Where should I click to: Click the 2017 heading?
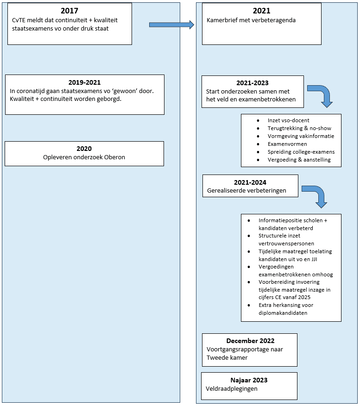tap(69, 11)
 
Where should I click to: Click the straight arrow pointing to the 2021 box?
tap(171, 25)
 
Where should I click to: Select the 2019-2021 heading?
tap(84, 82)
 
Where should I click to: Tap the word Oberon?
tap(114, 157)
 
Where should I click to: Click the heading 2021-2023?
tap(253, 83)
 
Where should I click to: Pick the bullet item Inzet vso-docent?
tap(289, 120)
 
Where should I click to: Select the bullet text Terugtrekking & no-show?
tap(299, 128)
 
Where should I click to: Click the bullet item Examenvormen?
tap(287, 144)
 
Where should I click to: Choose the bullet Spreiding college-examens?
tap(301, 152)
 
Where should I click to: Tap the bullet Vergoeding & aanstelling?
tap(299, 160)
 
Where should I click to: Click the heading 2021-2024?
tap(250, 182)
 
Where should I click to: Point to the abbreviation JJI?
tap(314, 259)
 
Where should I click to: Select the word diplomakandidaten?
tap(283, 313)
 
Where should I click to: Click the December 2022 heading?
tap(250, 341)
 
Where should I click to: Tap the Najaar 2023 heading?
tap(249, 380)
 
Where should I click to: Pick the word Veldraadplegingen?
tap(232, 389)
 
